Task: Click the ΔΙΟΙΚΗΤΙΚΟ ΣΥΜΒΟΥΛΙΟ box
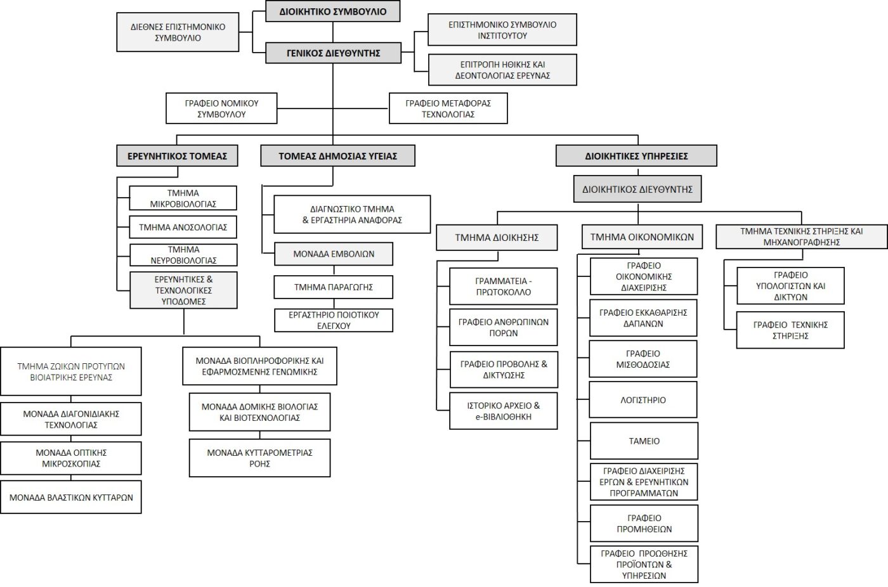[x=332, y=11]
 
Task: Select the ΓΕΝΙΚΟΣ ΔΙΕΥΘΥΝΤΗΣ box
[x=333, y=53]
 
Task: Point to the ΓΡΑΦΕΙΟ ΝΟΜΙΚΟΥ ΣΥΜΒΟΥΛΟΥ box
[x=221, y=108]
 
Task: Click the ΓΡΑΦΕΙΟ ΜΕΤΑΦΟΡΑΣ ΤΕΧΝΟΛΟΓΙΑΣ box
[x=448, y=108]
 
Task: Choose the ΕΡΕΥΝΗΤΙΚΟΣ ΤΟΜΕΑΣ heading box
[x=177, y=156]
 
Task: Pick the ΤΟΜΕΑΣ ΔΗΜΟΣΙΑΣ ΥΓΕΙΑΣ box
[x=337, y=156]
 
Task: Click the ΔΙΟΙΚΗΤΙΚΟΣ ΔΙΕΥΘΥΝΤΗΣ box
[x=637, y=189]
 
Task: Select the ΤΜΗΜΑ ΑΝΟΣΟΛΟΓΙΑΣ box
[x=183, y=227]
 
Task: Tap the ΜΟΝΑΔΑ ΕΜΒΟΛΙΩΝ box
[x=334, y=254]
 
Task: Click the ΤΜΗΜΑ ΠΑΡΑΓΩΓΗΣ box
[x=334, y=287]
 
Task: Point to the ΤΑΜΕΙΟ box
[x=644, y=441]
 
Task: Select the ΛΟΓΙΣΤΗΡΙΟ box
[x=643, y=400]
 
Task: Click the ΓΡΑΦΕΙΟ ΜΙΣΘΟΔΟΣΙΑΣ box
[x=643, y=359]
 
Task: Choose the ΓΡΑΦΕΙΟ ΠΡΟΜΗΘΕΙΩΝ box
[x=644, y=523]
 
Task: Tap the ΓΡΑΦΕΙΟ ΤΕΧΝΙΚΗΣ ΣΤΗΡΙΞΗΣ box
[x=790, y=330]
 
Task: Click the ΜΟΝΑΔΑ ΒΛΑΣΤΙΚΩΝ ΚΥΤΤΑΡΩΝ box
[x=71, y=498]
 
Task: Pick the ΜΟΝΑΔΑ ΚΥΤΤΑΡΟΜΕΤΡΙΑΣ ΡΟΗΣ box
[x=259, y=458]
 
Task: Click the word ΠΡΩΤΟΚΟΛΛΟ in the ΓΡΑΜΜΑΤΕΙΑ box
[x=504, y=292]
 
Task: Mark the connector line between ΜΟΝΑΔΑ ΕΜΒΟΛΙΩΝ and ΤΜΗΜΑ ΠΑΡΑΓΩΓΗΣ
[x=334, y=270]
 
